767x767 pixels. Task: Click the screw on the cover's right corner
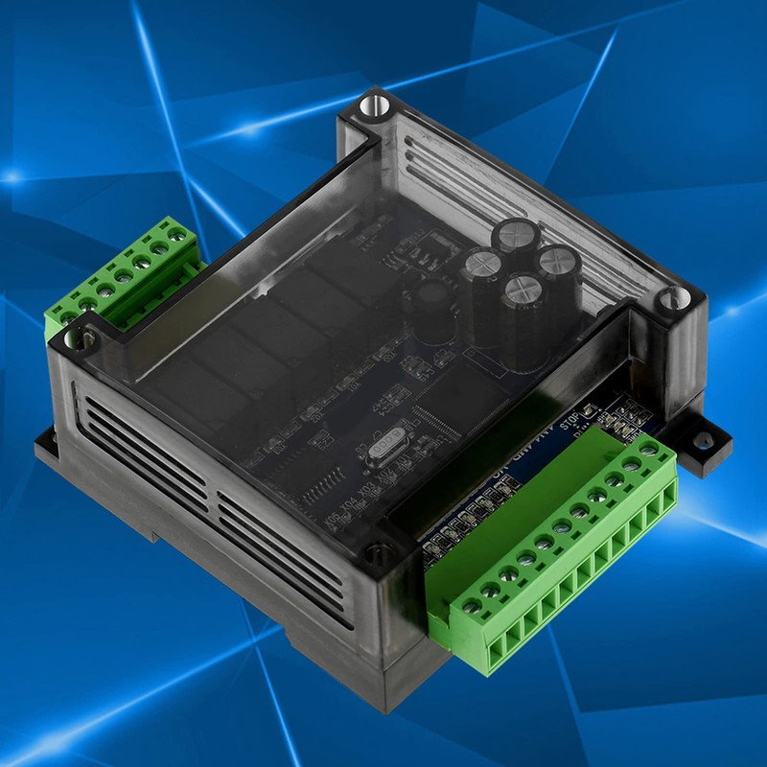coord(667,300)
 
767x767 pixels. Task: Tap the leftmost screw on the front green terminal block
coord(470,606)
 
